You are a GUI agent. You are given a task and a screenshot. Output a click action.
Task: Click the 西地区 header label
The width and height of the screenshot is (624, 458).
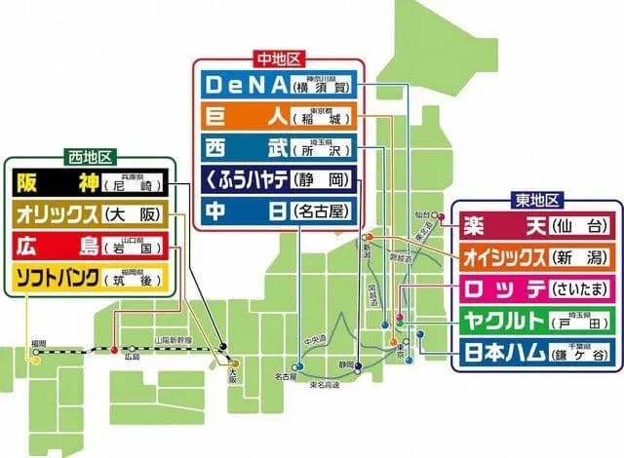tap(93, 157)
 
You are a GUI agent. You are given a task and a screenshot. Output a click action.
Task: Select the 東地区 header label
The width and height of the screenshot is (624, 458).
tap(536, 201)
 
